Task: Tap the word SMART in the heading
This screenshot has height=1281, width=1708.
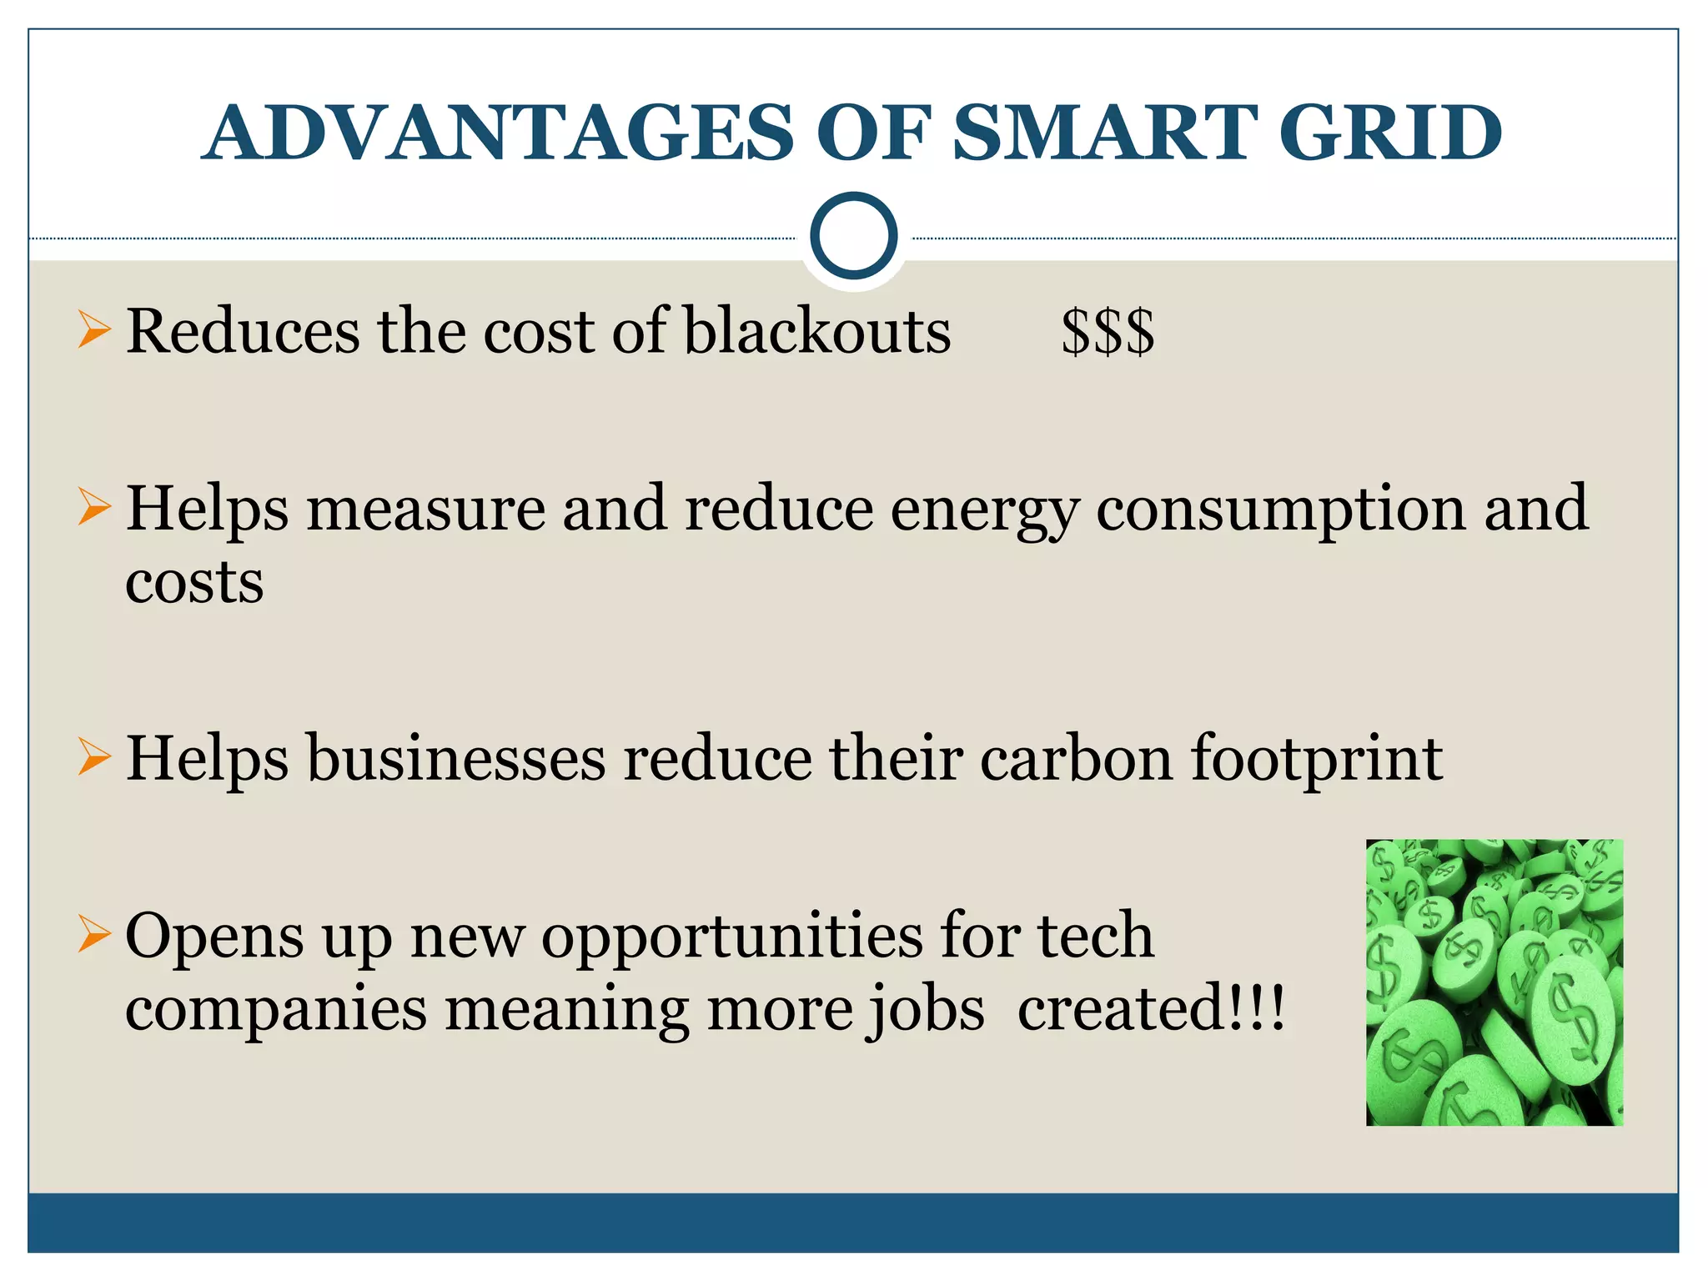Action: click(1104, 133)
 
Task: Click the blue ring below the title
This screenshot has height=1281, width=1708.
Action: click(853, 236)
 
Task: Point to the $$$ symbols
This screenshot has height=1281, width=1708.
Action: click(1108, 332)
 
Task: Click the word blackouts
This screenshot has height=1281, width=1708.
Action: click(817, 332)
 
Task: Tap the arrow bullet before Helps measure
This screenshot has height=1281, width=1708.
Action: click(94, 506)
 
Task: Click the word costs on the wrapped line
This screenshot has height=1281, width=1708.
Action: click(194, 582)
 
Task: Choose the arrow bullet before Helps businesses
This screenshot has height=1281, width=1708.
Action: click(94, 756)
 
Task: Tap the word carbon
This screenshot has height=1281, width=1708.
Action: click(1076, 759)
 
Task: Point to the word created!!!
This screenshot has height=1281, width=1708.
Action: click(1151, 1009)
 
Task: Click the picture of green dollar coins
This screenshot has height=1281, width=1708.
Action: click(1494, 982)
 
